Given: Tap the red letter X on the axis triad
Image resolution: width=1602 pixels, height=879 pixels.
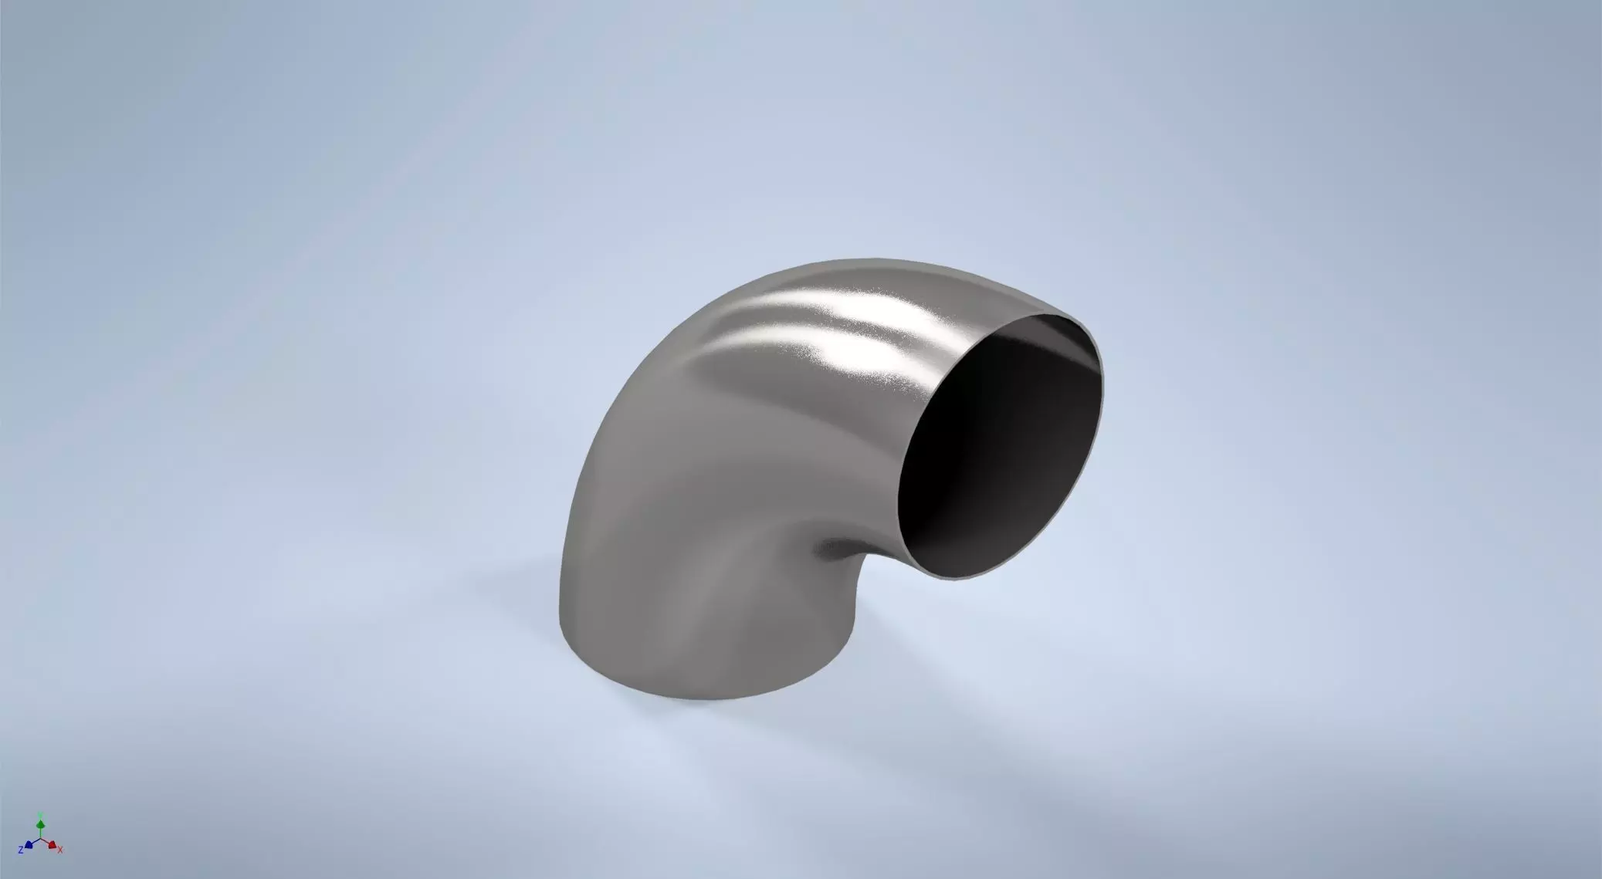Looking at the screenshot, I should [x=60, y=850].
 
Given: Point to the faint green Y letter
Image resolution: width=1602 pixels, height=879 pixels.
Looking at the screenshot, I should [x=41, y=815].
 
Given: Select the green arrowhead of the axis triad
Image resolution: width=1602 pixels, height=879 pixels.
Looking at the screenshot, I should [x=41, y=825].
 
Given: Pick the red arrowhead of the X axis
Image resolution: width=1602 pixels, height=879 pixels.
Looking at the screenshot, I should [x=52, y=846].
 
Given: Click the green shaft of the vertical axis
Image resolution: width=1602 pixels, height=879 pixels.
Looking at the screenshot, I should [x=41, y=833].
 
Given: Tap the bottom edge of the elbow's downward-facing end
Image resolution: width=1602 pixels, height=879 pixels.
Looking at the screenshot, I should [x=679, y=698].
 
